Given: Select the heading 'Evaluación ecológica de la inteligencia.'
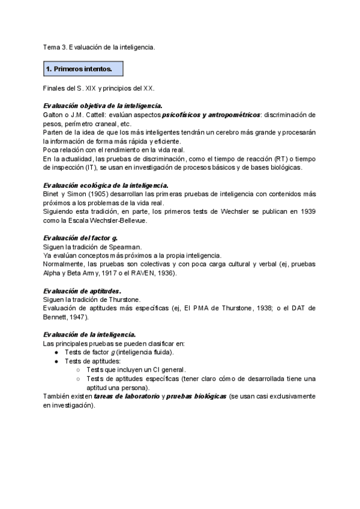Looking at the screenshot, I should pos(106,185).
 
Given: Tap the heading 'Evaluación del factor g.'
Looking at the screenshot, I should pos(80,238).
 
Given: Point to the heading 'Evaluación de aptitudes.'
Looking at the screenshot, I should pos(82,291).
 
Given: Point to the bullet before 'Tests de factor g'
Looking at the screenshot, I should pos(56,352).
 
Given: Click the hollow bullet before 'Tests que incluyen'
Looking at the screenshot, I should pos(78,370).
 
